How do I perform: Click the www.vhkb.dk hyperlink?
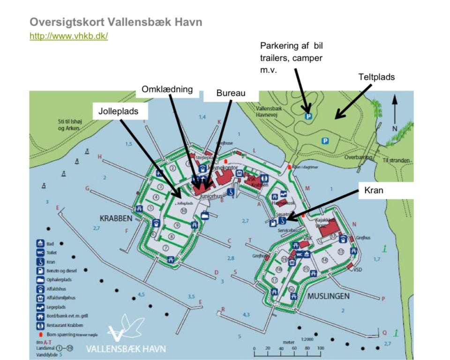[x=68, y=36]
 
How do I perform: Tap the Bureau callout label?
[x=231, y=93]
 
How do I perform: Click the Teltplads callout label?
[x=376, y=76]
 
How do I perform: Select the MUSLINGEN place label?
[x=328, y=296]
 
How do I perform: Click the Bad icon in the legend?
[x=40, y=244]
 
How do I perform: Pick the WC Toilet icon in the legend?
[x=40, y=253]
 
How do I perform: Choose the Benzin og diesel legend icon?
[x=40, y=271]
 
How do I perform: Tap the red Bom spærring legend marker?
[x=40, y=334]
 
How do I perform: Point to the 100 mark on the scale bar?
[x=320, y=348]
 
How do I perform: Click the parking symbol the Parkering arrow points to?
[x=308, y=116]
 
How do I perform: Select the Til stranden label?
[x=397, y=160]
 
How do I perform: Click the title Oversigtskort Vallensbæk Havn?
[x=116, y=22]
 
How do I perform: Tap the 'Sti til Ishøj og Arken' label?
[x=66, y=125]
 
